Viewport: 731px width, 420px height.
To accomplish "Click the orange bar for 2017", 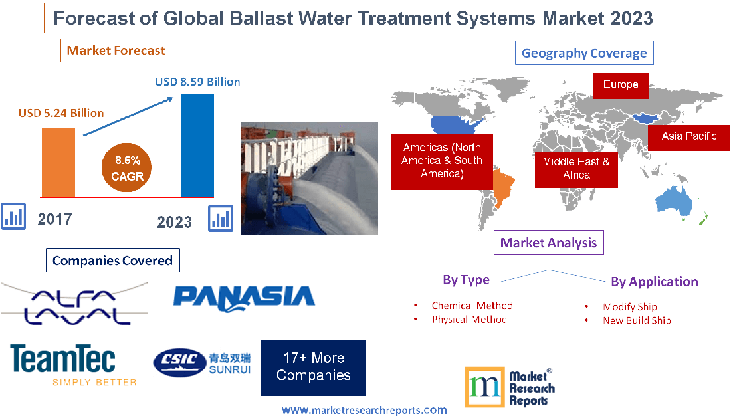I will [x=58, y=161].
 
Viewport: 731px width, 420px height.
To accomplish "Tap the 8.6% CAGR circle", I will [x=127, y=169].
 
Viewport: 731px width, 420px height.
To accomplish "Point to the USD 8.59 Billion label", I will [x=197, y=82].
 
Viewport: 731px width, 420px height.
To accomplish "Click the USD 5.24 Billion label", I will [x=61, y=113].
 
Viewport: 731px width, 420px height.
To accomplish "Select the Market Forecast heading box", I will [x=116, y=51].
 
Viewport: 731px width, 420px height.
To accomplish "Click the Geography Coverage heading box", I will [x=584, y=53].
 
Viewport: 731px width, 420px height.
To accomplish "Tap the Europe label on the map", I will [x=621, y=85].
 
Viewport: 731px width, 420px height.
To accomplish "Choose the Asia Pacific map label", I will [x=689, y=136].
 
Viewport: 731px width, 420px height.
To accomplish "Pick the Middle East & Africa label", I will [x=576, y=168].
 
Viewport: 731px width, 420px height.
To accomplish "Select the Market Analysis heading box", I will [x=549, y=243].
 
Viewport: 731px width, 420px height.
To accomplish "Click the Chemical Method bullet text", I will [x=472, y=306].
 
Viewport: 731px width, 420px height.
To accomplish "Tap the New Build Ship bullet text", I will [x=637, y=320].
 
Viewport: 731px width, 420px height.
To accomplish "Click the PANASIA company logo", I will [x=244, y=296].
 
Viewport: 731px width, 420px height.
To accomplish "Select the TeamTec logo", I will [x=63, y=360].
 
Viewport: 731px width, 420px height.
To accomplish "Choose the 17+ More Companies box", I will [x=314, y=367].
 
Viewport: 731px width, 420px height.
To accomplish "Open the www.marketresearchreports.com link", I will [x=364, y=410].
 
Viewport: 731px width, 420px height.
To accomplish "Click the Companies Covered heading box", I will [x=112, y=261].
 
